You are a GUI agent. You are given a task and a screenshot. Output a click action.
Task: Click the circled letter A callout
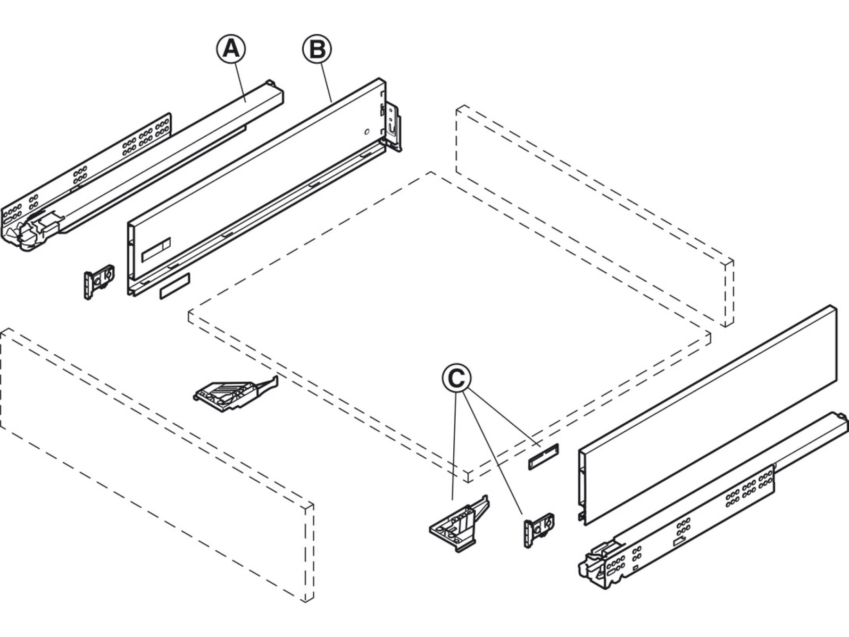point(231,49)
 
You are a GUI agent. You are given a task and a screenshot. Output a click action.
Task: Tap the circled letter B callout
point(317,49)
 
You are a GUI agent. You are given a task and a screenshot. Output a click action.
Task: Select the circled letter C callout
point(456,377)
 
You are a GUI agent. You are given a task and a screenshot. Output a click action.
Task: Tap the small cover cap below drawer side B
point(175,285)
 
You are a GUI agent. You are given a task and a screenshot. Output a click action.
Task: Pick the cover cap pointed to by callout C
point(543,456)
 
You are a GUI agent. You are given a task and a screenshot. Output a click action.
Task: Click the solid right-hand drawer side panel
point(707,415)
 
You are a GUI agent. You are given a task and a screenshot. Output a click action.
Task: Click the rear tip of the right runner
point(837,418)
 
